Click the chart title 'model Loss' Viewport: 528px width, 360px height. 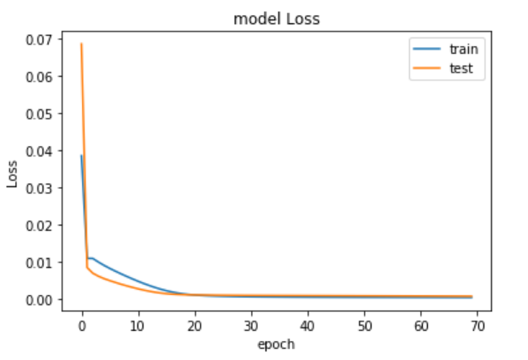click(277, 19)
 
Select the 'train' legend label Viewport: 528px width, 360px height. click(464, 50)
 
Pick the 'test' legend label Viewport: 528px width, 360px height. click(461, 68)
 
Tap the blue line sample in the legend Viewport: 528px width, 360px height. click(426, 49)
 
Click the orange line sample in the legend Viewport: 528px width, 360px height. click(426, 68)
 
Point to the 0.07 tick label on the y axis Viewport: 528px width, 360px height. click(39, 40)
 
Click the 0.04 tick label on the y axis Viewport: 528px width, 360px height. click(39, 151)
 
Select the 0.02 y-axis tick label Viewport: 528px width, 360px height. click(39, 226)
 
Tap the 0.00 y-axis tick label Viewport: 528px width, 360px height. click(39, 300)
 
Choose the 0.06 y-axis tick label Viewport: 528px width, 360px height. click(39, 77)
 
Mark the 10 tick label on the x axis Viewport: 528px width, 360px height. click(138, 326)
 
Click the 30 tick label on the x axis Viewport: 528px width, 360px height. click(251, 326)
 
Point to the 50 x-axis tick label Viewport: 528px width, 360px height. click(364, 326)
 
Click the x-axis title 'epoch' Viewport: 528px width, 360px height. click(276, 345)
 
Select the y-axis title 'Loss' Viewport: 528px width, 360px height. click(12, 174)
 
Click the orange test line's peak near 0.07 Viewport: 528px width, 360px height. click(81, 44)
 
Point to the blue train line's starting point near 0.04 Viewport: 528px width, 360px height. click(81, 156)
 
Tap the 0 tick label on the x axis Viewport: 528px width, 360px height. click(82, 326)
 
